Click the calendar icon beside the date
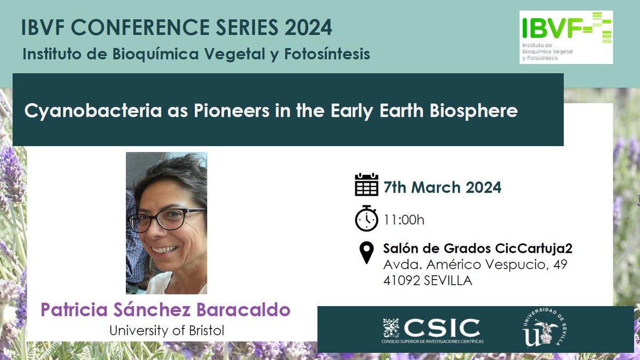coord(366,186)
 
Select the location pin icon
coord(366,252)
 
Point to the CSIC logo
coord(431,330)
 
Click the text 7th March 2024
coord(443,188)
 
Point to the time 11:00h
coord(404,219)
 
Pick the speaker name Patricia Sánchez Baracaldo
coord(166,310)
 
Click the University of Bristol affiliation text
coord(166,331)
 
